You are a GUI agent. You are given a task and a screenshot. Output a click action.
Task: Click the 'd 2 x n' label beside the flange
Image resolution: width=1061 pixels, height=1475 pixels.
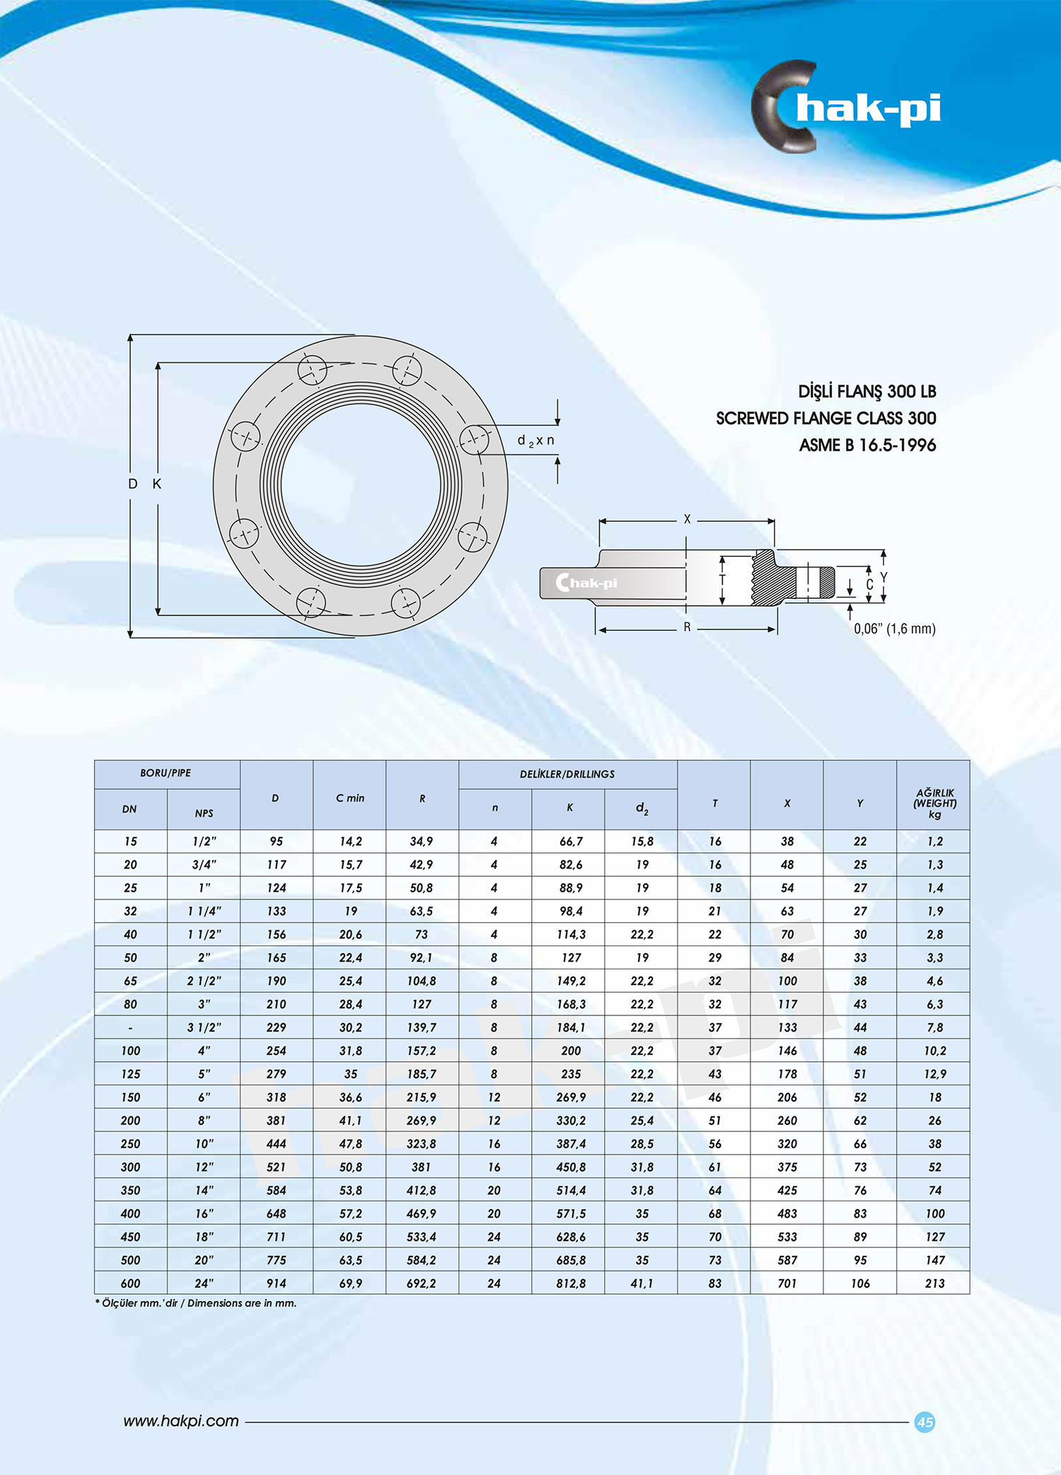click(536, 441)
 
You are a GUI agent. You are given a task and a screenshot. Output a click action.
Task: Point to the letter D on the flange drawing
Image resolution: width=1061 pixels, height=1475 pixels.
click(132, 484)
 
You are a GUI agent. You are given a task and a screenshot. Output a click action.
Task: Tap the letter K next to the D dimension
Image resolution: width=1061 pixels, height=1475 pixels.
click(157, 484)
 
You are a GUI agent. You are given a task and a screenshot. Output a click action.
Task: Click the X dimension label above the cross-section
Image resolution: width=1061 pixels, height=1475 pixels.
click(687, 520)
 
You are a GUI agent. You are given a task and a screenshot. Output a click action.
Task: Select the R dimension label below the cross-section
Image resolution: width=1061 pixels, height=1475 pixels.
click(687, 627)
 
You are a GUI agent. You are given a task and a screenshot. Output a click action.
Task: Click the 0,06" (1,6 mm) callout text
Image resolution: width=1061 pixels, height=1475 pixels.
click(894, 629)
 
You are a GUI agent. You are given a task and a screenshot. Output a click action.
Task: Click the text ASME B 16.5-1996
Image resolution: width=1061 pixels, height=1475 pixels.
click(867, 445)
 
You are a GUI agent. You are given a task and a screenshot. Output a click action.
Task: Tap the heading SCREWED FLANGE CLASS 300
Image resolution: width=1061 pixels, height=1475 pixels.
click(825, 419)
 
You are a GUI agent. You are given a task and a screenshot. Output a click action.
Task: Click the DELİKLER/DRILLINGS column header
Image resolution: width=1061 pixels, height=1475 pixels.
click(567, 774)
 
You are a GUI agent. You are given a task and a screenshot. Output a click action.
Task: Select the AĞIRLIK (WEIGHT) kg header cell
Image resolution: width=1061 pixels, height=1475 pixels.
click(934, 803)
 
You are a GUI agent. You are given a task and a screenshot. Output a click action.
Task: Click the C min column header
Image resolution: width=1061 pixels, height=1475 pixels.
click(350, 798)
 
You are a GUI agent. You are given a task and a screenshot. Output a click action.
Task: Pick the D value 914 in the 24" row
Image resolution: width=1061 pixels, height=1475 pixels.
click(276, 1283)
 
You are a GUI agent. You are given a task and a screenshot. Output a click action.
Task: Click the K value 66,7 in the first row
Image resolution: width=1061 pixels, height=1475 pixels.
click(570, 841)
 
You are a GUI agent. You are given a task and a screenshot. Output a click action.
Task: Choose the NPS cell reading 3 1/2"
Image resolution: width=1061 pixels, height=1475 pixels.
click(204, 1027)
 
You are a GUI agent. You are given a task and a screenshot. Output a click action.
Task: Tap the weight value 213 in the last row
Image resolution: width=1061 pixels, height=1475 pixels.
click(934, 1283)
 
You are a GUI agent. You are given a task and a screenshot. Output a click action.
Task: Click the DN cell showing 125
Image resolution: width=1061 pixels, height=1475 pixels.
click(131, 1074)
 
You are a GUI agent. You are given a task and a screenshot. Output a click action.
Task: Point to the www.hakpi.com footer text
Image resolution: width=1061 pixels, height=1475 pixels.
click(181, 1421)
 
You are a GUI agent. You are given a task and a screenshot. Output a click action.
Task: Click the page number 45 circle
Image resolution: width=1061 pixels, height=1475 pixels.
click(924, 1422)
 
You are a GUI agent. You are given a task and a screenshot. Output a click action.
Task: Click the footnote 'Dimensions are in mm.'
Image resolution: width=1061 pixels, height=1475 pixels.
click(242, 1303)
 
